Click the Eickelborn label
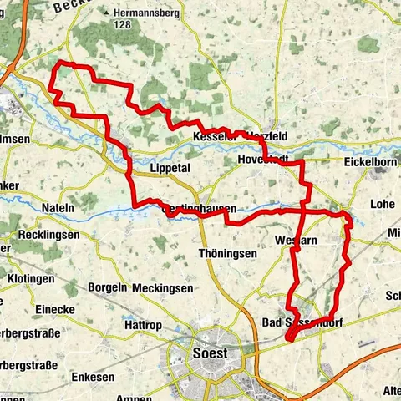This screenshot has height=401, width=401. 371,162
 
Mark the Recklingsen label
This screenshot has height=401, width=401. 41,235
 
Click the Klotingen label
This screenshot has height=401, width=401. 33,277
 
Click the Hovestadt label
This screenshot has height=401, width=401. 262,156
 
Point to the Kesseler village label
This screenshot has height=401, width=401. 214,135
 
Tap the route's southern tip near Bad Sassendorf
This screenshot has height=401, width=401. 288,338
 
